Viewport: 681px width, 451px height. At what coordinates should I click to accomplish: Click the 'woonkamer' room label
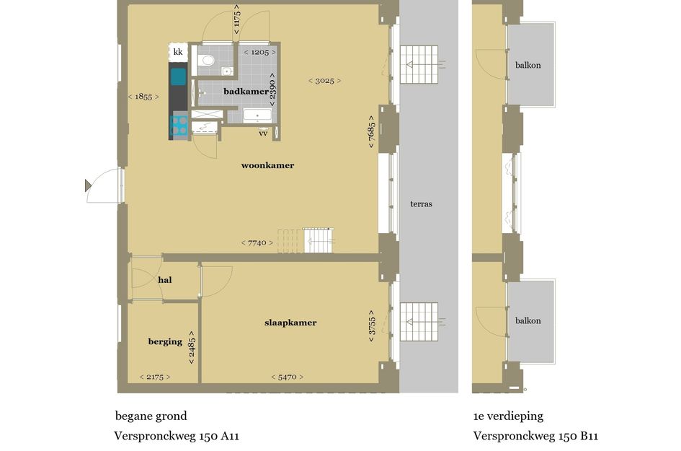267,165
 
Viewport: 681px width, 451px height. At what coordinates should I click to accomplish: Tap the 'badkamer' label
246,92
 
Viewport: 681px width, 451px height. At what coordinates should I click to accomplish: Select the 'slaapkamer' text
290,323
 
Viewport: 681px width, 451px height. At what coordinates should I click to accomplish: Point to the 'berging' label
165,341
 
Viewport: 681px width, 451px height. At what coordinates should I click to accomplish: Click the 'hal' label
164,279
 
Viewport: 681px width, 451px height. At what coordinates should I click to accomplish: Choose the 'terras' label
421,204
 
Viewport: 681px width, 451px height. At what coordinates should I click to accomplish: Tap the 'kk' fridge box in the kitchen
178,53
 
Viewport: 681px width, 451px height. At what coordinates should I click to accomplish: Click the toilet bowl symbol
208,60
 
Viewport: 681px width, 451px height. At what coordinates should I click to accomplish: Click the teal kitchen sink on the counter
178,76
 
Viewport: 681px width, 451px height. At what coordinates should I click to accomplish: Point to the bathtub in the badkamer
257,115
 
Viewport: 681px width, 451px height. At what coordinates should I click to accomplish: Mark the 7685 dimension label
371,131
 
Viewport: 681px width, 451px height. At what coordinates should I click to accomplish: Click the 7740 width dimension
257,243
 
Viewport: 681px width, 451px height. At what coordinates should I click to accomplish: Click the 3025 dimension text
324,81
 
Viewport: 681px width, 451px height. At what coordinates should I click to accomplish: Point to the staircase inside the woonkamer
317,240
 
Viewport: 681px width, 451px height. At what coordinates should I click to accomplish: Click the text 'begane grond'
151,416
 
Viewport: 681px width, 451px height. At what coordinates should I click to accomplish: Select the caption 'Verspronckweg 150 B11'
535,436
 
